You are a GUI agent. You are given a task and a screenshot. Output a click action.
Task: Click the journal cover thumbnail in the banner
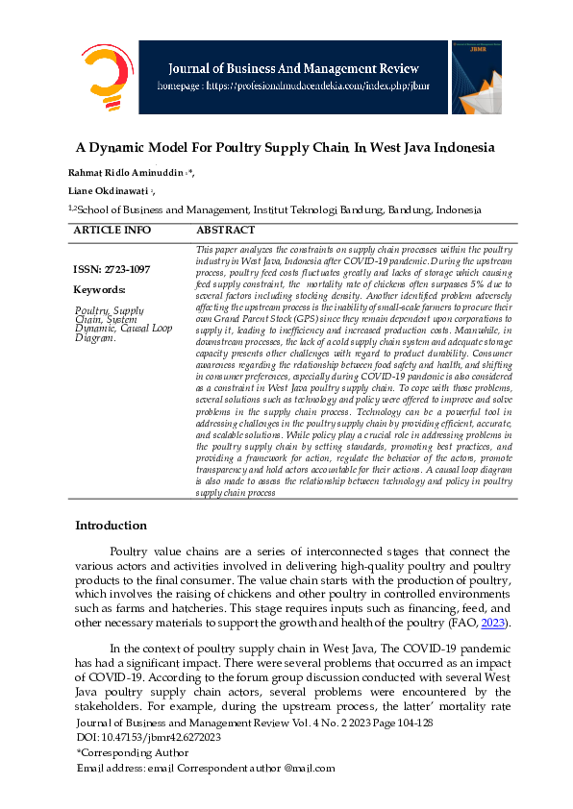coord(476,76)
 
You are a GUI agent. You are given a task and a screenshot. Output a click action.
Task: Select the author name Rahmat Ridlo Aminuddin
coord(123,172)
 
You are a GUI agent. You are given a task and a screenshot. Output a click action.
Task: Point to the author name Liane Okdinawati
coord(115,190)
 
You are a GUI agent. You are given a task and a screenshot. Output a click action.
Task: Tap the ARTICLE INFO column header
coord(112,231)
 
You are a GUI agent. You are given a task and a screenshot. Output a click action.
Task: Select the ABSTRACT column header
coord(226,231)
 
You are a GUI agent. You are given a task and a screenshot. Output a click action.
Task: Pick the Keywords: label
coord(99,289)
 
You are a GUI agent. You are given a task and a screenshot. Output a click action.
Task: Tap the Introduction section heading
coord(111,526)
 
